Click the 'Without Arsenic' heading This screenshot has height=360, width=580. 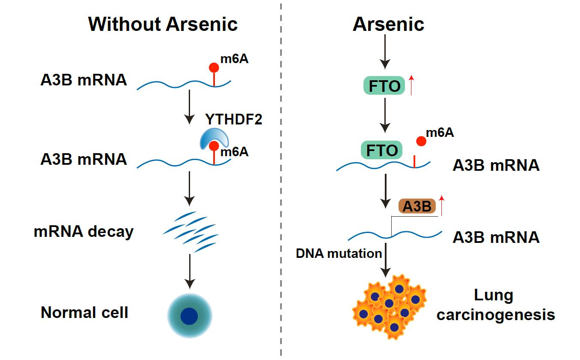(163, 24)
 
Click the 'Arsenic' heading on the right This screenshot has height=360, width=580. (388, 24)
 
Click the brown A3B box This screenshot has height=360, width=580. (417, 206)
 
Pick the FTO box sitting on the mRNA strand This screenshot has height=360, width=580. (381, 151)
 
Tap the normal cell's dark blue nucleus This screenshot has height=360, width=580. (189, 316)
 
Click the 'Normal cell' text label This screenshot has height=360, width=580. (85, 312)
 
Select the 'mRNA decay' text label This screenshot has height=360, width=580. (84, 232)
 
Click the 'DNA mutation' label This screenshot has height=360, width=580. (339, 254)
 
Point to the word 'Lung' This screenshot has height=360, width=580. (493, 295)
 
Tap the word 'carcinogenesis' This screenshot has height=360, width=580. (495, 315)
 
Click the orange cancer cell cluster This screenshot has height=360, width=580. (389, 306)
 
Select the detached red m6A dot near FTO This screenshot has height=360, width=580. (421, 141)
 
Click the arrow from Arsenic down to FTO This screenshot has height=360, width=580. (385, 51)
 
